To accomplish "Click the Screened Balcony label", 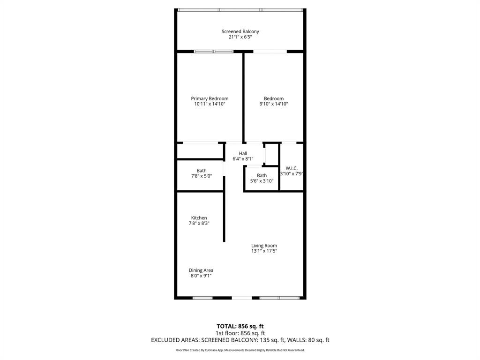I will point(240,31).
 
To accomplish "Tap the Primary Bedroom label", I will point(210,98).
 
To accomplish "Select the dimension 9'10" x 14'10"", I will point(274,104).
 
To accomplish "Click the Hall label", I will point(243,153).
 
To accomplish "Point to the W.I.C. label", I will point(292,168).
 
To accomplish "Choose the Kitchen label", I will point(199,218).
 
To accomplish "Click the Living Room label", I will point(264,246).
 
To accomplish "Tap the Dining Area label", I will point(201,270).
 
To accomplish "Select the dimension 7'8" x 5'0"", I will point(202,176).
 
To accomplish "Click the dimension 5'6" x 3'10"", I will point(262,181).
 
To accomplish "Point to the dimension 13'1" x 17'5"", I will point(264,251).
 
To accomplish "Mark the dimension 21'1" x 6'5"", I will point(240,37).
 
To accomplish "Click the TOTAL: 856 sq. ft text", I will point(240,326).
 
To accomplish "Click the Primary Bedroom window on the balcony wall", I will point(214,51).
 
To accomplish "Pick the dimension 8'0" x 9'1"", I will point(201,276).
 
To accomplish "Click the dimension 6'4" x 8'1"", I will point(243,159).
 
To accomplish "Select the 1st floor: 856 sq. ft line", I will point(240,333).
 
